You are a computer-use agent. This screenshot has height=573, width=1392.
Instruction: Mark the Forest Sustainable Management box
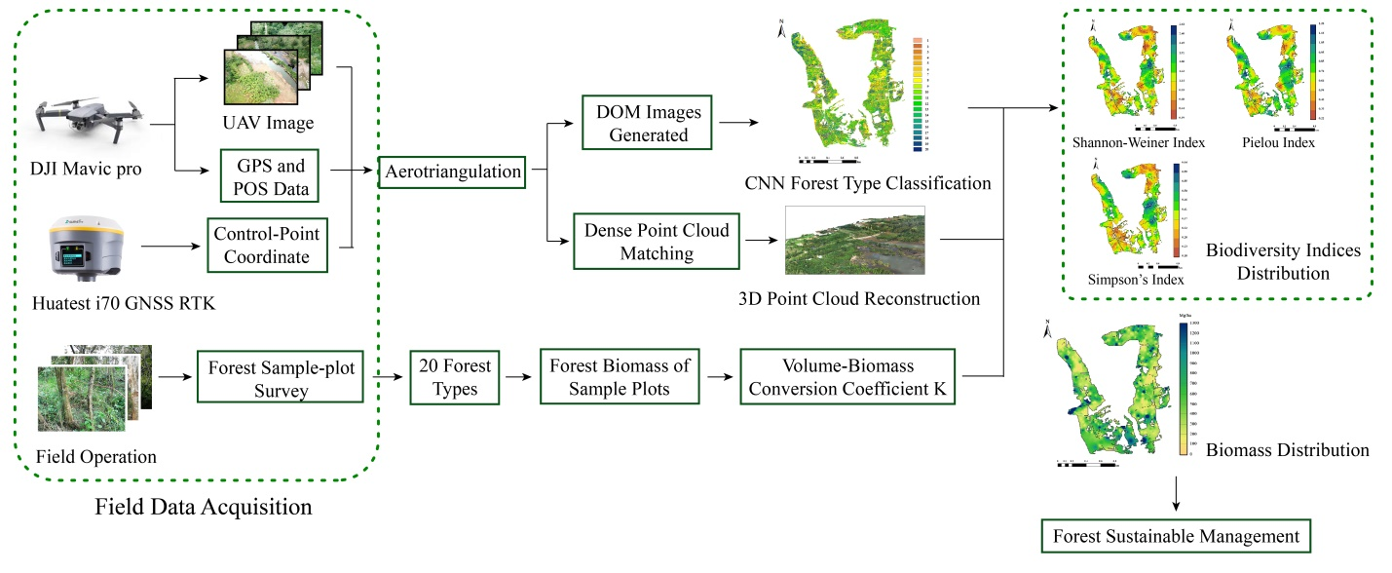point(1177,536)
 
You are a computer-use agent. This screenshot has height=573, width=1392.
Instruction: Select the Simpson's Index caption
point(1136,280)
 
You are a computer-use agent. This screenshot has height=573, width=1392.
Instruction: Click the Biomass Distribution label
point(1287,450)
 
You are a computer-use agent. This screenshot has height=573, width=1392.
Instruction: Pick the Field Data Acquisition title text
point(204,507)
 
